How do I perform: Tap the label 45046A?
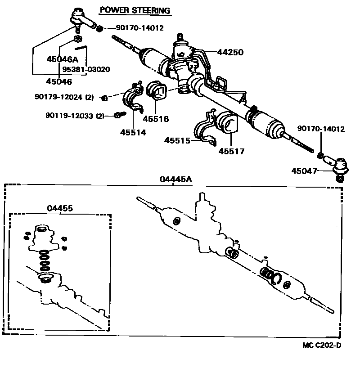(x=62, y=59)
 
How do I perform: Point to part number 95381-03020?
(x=86, y=70)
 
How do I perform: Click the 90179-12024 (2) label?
(x=63, y=97)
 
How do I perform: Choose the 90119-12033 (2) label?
(x=75, y=116)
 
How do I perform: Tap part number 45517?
(x=231, y=152)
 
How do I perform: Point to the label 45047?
(x=304, y=171)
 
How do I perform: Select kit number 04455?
(x=60, y=208)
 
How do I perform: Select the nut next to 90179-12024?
(x=104, y=97)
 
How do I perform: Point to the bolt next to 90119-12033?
(x=118, y=115)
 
